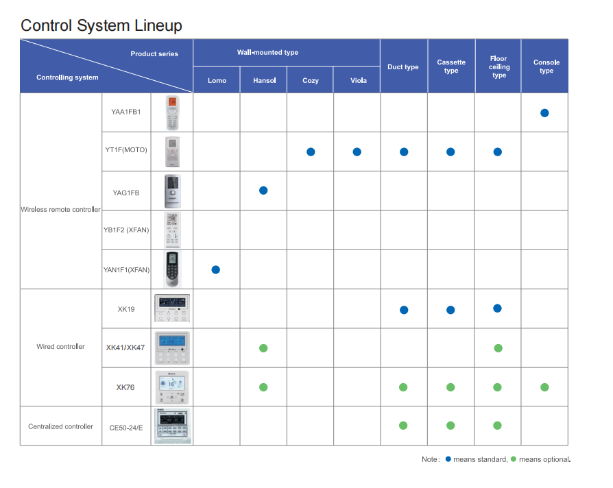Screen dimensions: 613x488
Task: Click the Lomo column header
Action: [217, 80]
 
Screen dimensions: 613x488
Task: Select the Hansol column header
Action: [264, 80]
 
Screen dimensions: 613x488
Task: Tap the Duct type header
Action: [403, 66]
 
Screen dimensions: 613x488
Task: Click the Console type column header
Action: [546, 66]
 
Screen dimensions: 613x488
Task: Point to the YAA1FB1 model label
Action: [126, 112]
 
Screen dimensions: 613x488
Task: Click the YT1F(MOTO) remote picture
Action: [172, 151]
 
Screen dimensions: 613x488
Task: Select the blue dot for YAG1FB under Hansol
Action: [263, 191]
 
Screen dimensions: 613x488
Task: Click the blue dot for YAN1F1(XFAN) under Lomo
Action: [216, 269]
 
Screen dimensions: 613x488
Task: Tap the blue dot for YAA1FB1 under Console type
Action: [544, 113]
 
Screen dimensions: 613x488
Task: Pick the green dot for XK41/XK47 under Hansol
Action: [263, 348]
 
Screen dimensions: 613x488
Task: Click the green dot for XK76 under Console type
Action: [544, 387]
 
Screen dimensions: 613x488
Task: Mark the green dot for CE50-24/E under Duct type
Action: [403, 426]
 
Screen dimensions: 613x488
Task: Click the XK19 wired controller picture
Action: [172, 308]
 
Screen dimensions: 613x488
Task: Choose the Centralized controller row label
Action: [60, 426]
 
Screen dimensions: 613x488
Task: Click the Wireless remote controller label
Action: [60, 210]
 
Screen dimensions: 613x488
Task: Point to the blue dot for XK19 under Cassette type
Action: [450, 310]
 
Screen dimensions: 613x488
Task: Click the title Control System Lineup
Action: [101, 26]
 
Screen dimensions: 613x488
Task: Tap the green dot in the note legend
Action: [514, 459]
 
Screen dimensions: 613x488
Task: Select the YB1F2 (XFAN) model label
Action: [126, 230]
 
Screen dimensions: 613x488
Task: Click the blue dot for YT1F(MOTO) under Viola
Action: [357, 152]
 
